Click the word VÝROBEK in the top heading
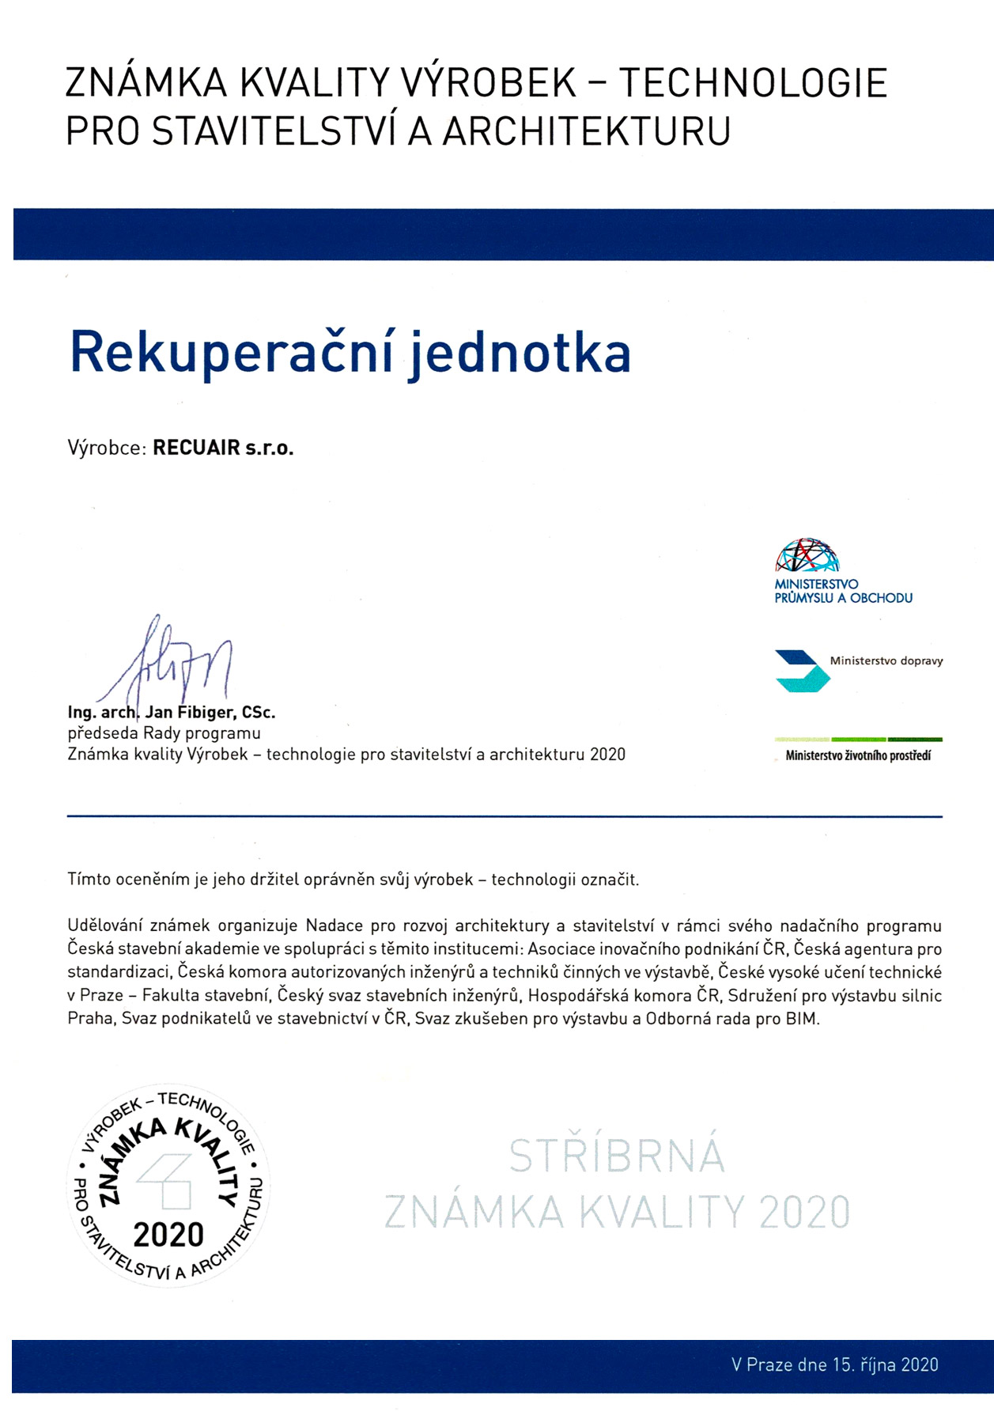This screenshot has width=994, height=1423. [489, 83]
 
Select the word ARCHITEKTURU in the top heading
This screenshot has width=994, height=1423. [586, 131]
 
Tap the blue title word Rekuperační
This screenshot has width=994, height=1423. [232, 353]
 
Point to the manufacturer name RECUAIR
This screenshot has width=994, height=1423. [196, 448]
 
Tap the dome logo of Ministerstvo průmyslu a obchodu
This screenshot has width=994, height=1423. [806, 555]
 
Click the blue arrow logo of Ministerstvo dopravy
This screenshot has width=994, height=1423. [800, 670]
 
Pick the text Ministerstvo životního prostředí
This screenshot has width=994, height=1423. [858, 756]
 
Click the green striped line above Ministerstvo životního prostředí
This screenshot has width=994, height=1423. [858, 740]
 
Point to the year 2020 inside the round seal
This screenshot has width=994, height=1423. [168, 1234]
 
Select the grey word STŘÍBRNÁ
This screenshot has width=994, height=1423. [616, 1156]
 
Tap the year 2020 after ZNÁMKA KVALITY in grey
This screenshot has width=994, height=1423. [804, 1211]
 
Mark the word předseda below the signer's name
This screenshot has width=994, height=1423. [103, 733]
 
